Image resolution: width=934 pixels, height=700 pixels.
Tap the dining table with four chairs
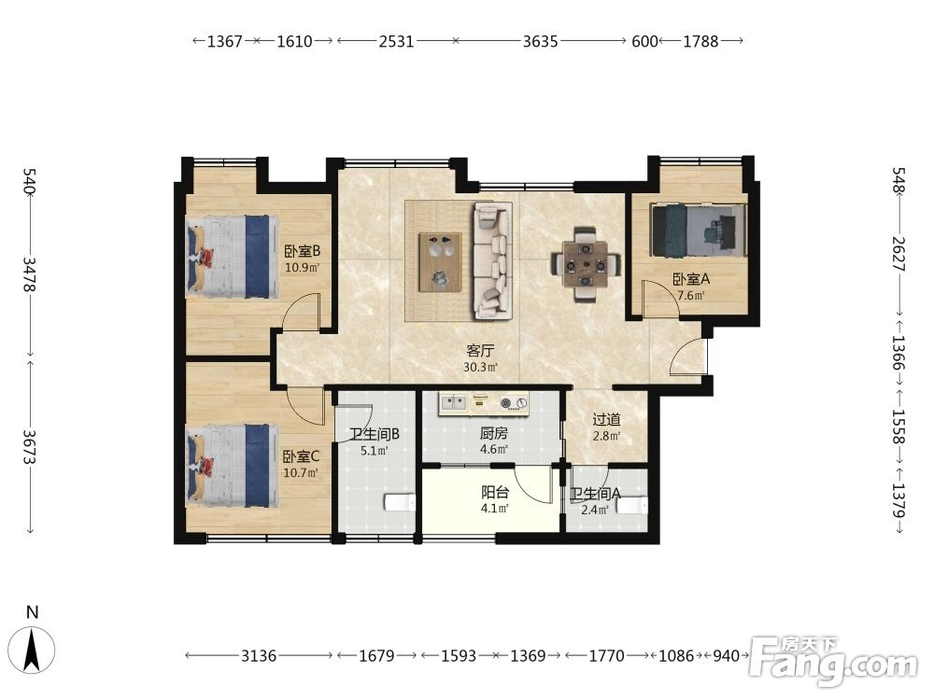pos(587,264)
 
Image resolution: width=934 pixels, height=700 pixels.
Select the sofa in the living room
pos(492,260)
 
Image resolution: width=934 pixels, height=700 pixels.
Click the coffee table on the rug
pos(441,262)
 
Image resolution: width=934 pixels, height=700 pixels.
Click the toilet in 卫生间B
pos(401,502)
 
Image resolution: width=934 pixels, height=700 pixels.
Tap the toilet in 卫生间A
pos(631,505)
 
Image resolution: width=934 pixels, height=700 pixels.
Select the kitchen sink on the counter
pos(453,403)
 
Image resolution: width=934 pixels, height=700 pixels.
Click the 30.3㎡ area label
pos(481,367)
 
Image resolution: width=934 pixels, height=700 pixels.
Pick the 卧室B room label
pos(303,251)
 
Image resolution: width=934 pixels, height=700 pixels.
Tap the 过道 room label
pos(606,420)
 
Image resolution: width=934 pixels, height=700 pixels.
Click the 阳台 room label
pos(495,492)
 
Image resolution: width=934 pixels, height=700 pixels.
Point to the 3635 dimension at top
pos(540,41)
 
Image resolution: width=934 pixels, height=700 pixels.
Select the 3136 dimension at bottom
pos(259,656)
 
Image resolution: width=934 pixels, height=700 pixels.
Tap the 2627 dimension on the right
pos(899,254)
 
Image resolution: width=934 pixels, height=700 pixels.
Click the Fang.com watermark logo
pos(833,660)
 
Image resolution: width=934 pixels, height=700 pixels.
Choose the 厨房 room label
pos(494,434)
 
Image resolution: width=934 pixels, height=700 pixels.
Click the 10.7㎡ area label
pos(302,473)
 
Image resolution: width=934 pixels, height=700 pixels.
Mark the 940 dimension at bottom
pos(726,656)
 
